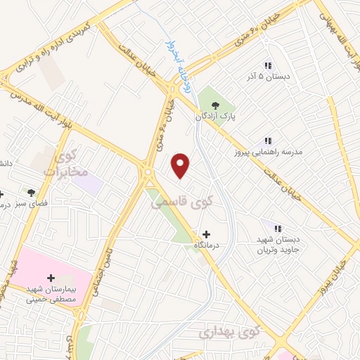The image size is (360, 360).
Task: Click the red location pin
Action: pos(181,165)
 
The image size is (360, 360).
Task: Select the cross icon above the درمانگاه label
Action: pos(205,234)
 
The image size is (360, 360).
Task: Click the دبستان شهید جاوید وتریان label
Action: pos(277,245)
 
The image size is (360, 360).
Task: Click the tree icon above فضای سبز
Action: pos(30,192)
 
